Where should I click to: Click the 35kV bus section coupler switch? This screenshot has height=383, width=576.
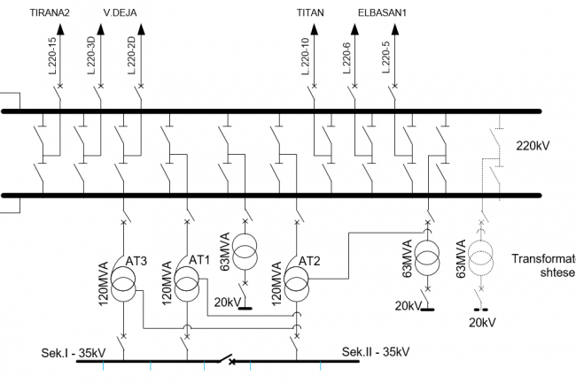click(x=228, y=361)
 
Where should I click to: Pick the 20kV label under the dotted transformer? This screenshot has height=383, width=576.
click(x=482, y=323)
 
